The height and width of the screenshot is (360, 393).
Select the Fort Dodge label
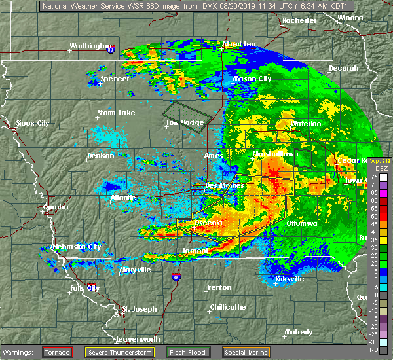pyautogui.click(x=181, y=122)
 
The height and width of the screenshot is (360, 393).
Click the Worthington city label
pyautogui.click(x=91, y=46)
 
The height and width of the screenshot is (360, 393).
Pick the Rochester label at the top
pyautogui.click(x=299, y=20)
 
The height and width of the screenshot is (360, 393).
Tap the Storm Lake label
pyautogui.click(x=115, y=113)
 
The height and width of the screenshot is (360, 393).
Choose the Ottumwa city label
pyautogui.click(x=301, y=223)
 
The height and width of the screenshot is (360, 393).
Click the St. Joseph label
pyautogui.click(x=140, y=308)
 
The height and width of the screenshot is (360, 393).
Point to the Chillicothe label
pyautogui.click(x=227, y=307)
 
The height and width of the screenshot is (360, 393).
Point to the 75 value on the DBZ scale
pyautogui.click(x=373, y=177)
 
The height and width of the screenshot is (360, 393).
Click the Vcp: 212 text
pyautogui.click(x=379, y=161)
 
